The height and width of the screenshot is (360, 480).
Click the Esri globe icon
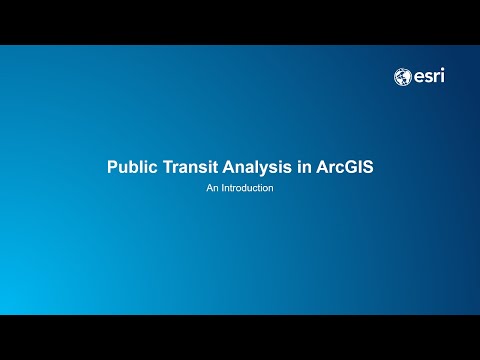click(403, 76)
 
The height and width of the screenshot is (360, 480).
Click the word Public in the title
click(131, 167)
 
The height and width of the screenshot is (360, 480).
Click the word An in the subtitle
click(212, 187)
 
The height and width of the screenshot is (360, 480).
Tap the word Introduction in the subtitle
click(247, 187)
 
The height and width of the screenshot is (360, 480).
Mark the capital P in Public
click(112, 167)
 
